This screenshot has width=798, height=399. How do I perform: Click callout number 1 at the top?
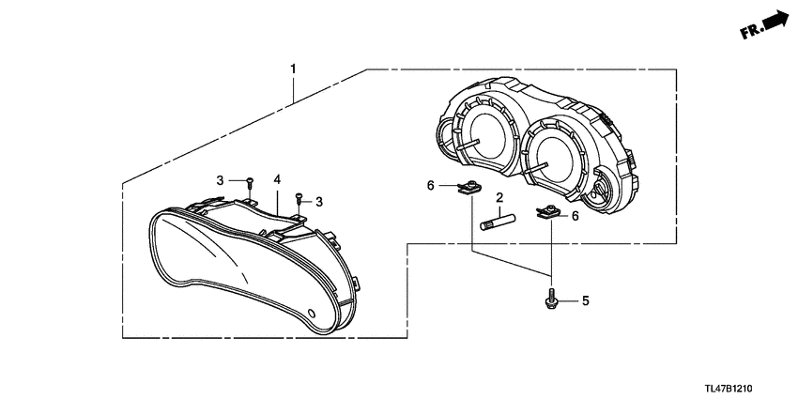pos(293,69)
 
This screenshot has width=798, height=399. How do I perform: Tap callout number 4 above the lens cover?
pos(277,178)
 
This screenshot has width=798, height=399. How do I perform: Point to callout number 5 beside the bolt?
pos(585,301)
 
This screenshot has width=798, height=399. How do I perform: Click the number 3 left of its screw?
pos(221,179)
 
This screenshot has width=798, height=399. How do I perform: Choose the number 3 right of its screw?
pos(319,202)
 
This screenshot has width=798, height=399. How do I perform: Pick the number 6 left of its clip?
pos(431,186)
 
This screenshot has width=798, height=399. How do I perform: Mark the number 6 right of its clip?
pos(575,215)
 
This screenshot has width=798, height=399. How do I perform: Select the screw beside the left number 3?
pos(250,181)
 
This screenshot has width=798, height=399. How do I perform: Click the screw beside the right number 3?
pos(299,197)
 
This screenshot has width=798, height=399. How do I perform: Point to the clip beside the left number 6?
pos(467,192)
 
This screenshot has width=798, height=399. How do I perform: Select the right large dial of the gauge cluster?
pos(560,155)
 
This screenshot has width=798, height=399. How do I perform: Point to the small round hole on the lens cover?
pos(313,311)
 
